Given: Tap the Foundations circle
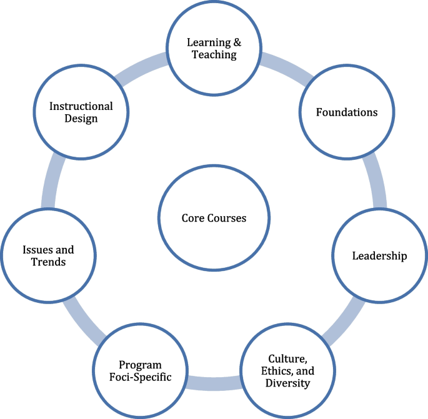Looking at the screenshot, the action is (x=347, y=112).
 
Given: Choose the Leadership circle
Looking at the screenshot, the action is (x=379, y=255).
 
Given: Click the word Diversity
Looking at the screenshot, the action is (x=287, y=383).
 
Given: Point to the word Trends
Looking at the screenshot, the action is (x=49, y=262).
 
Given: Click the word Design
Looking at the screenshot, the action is (x=81, y=119).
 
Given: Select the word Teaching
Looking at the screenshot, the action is (x=214, y=55).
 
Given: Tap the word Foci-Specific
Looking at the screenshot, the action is (x=140, y=377).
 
